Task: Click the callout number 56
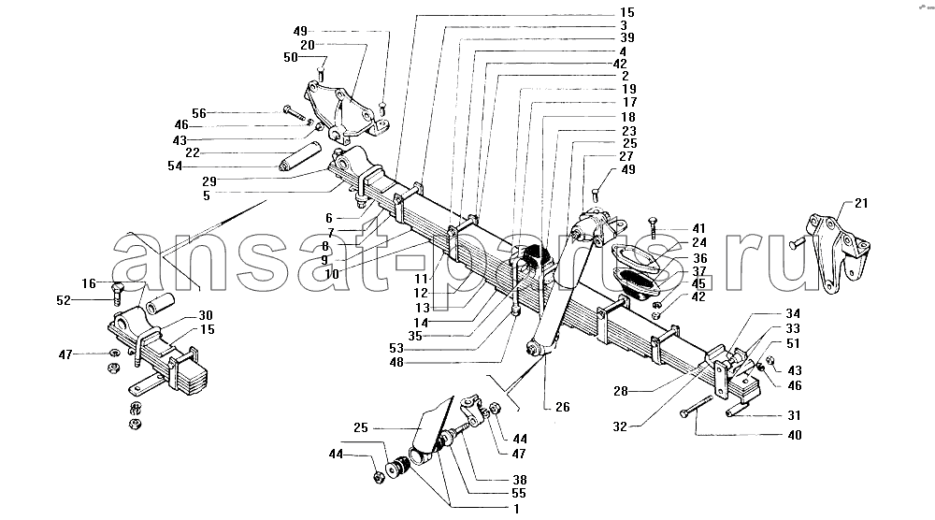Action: tap(198, 113)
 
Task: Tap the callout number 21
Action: tap(861, 203)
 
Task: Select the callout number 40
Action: tap(795, 435)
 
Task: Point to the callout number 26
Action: tap(563, 407)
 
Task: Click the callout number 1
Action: tap(516, 509)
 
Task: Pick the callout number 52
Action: tap(64, 300)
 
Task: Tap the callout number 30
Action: tap(206, 315)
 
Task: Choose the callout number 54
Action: tap(175, 166)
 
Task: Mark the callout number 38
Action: tap(519, 480)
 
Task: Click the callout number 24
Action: tap(699, 243)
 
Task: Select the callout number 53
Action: tap(396, 348)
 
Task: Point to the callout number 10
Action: tap(332, 274)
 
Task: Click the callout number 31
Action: tap(794, 415)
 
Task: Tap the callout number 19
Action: tap(629, 90)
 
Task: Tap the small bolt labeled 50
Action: tap(320, 75)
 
